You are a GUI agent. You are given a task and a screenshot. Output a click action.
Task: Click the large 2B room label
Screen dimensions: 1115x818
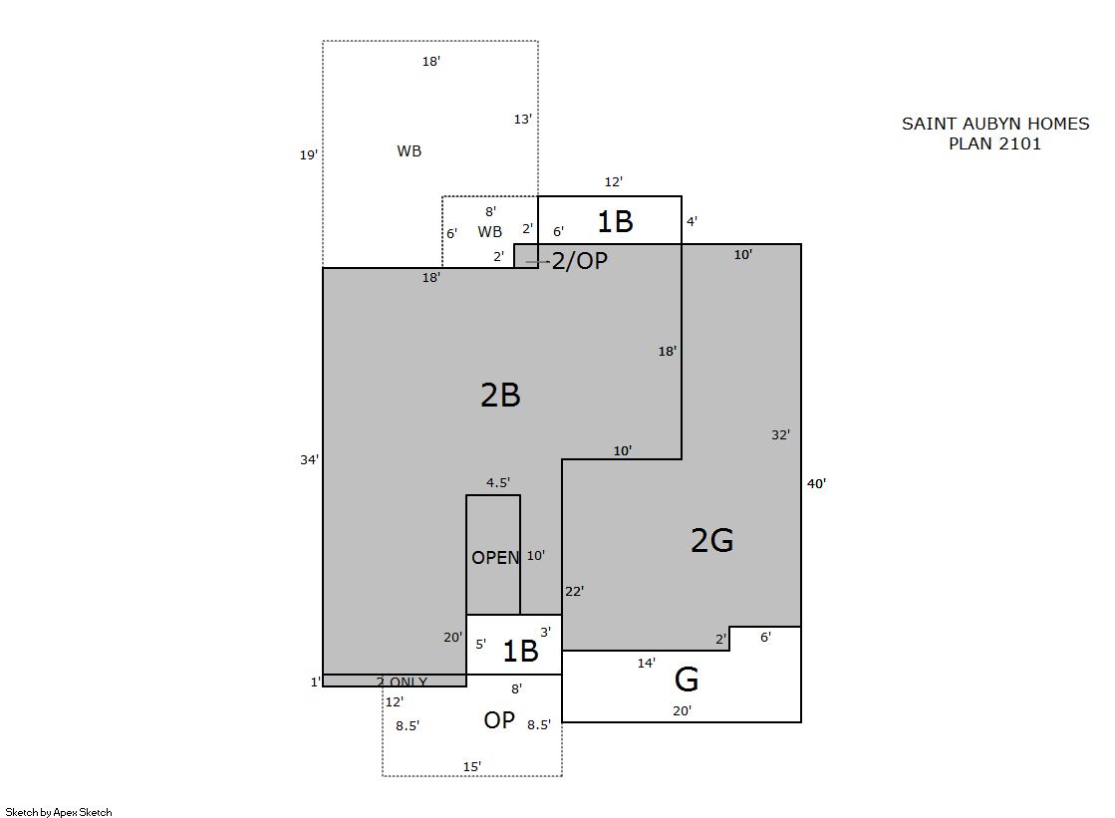coord(500,395)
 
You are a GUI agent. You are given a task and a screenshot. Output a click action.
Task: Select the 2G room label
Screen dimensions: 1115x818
coord(711,541)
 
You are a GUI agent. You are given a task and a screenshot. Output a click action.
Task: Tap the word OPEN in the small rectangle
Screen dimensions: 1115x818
coord(495,558)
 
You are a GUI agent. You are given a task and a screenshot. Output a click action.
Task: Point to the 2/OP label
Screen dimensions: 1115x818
coord(580,261)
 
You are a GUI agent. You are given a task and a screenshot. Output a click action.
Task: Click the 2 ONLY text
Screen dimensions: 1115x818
coord(402,682)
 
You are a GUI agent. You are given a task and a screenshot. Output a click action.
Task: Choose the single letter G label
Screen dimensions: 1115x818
coord(687,680)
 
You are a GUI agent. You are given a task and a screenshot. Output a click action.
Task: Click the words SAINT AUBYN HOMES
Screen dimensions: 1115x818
coord(995,124)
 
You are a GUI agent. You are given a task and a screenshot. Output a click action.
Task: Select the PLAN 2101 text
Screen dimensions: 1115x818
coord(994,143)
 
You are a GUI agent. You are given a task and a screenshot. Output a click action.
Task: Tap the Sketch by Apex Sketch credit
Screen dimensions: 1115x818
coord(59,812)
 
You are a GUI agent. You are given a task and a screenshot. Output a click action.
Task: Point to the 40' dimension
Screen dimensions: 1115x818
coord(816,483)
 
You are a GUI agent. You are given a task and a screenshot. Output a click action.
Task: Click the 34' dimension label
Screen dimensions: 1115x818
coord(309,460)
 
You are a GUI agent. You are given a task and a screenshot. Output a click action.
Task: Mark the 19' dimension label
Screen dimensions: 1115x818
coord(308,154)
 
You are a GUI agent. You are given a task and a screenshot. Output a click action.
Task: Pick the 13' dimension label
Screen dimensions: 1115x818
coord(523,119)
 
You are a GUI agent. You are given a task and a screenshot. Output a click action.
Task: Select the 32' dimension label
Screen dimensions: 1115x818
coord(781,434)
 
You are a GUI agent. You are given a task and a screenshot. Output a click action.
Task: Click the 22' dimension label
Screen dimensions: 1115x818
coord(575,591)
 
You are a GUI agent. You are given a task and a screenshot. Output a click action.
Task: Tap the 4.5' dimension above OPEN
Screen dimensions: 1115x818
coord(498,483)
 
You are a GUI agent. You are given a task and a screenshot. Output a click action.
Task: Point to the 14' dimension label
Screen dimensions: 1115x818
coord(646,663)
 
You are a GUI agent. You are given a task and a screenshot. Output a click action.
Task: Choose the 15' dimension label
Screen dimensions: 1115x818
coord(472,766)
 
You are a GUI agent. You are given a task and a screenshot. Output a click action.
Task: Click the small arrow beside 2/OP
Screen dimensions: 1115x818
coord(538,262)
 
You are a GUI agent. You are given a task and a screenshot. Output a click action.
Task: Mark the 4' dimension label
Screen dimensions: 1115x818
coord(692,221)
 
